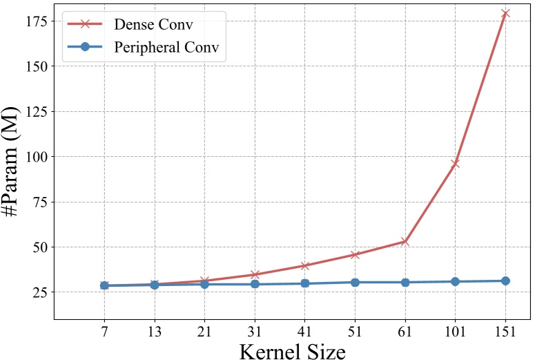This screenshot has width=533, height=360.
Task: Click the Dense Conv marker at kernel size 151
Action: click(x=505, y=13)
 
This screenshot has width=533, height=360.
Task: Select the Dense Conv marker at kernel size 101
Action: click(x=455, y=164)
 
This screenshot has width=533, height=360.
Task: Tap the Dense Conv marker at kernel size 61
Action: click(x=405, y=241)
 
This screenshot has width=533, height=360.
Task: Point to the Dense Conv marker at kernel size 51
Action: click(x=355, y=254)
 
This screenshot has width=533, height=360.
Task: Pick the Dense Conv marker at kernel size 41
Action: click(x=304, y=265)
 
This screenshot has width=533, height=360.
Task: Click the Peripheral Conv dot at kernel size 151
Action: click(x=505, y=281)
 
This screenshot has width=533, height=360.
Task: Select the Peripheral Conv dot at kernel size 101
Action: click(x=455, y=281)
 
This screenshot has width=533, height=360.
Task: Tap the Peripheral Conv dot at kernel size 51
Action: click(x=355, y=282)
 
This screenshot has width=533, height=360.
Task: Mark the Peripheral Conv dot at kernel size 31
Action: click(x=255, y=284)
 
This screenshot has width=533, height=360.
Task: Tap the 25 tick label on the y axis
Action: click(x=37, y=292)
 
